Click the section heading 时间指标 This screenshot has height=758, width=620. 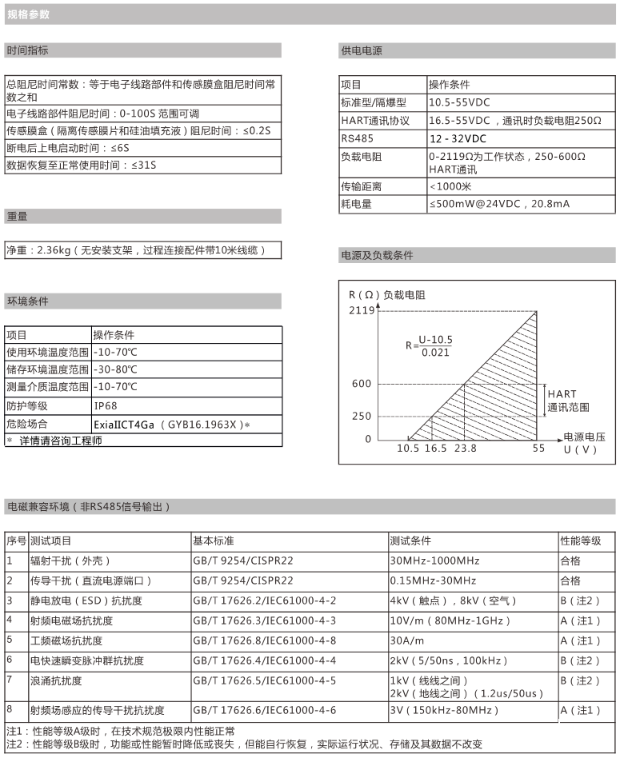pos(28,50)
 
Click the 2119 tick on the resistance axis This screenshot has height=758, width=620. pos(361,310)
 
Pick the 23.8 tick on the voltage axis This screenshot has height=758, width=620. pos(465,449)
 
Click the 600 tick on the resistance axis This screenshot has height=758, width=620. pos(362,384)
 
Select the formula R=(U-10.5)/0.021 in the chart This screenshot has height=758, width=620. pos(429,345)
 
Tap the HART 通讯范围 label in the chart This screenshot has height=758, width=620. pos(568,401)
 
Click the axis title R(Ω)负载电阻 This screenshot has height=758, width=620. pos(387,294)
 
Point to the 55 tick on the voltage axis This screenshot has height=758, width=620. pos(538,449)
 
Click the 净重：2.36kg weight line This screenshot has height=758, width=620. pos(144,250)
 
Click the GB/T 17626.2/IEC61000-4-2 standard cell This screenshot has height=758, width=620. pos(265,600)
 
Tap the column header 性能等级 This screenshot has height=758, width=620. pos(580,541)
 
